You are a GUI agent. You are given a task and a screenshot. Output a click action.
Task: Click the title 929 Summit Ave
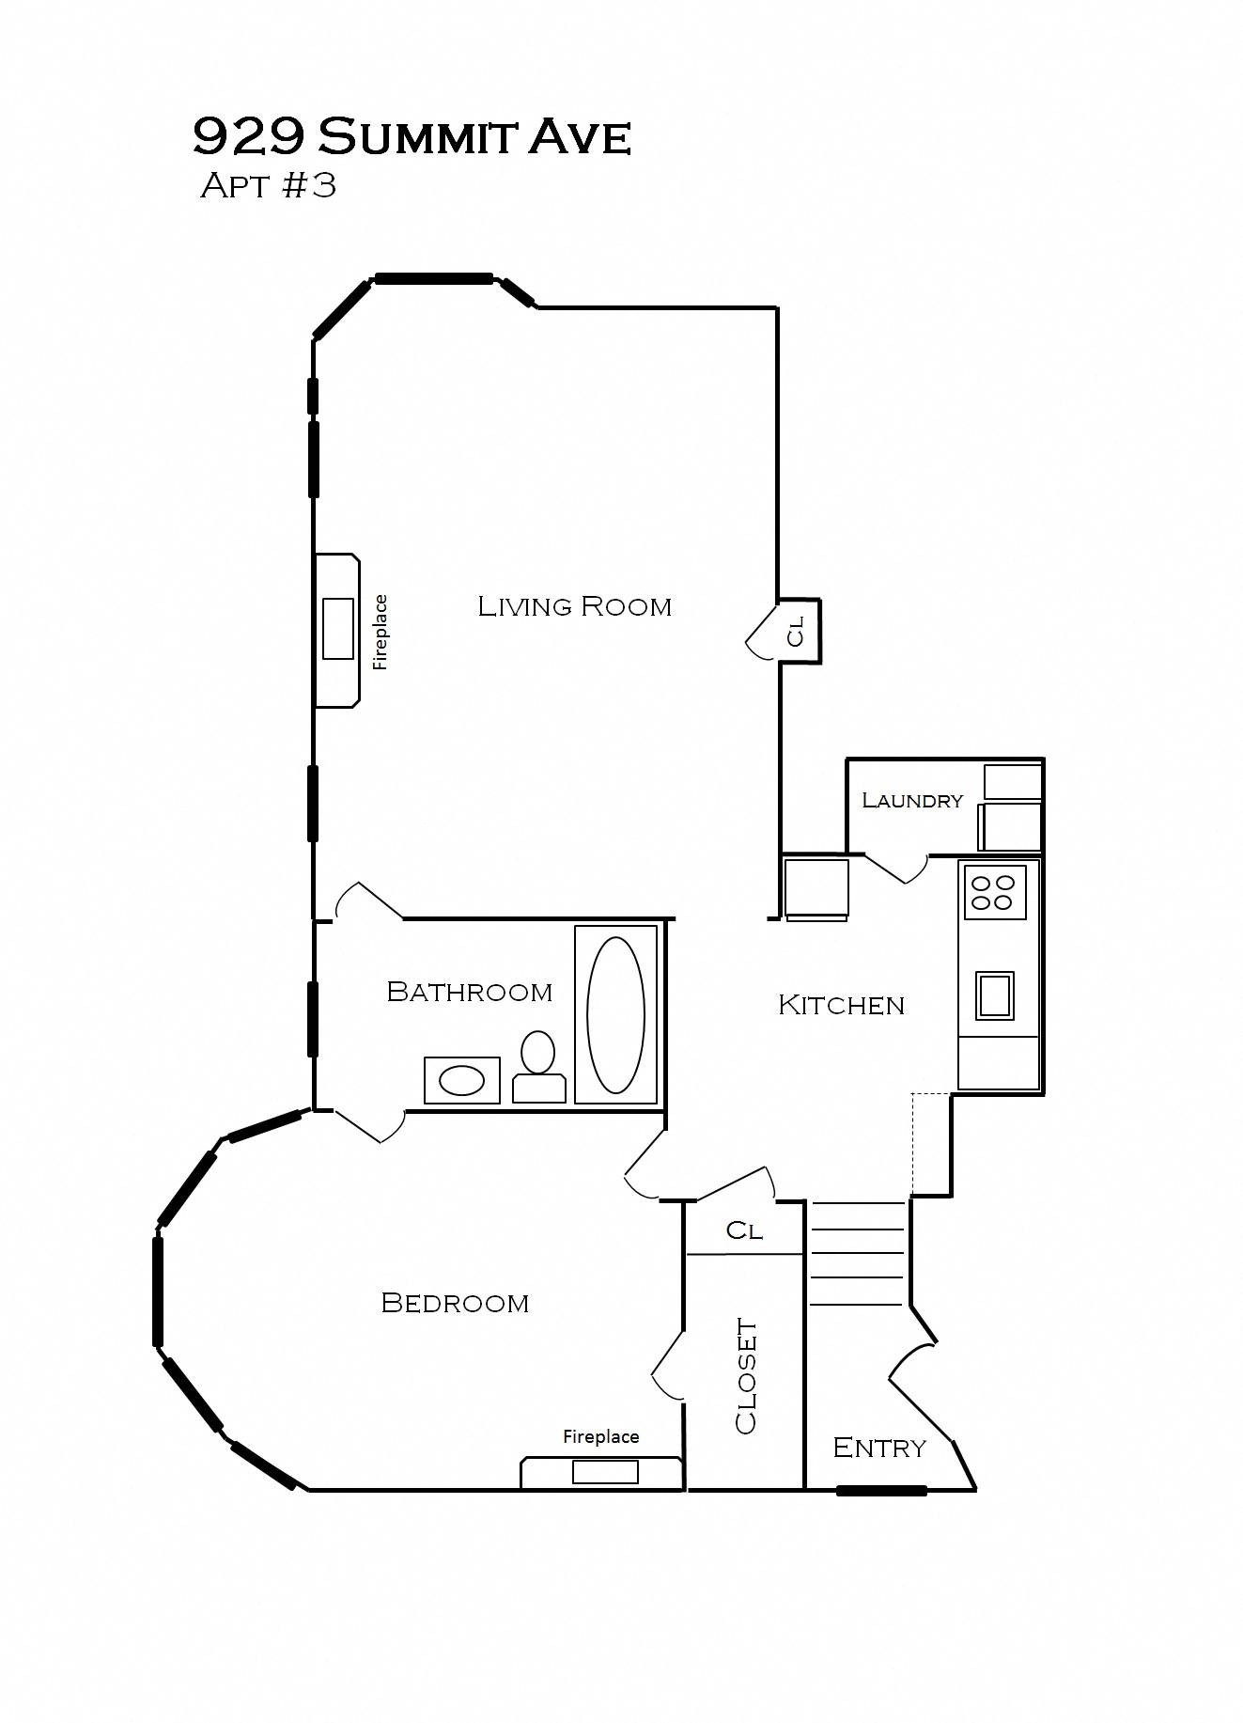click(412, 137)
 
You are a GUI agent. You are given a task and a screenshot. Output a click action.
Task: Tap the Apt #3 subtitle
click(268, 185)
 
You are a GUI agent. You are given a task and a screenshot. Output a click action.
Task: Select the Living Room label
click(574, 606)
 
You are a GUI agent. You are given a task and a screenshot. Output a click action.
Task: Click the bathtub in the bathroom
click(615, 1014)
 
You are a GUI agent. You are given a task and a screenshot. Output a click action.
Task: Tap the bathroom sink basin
click(462, 1081)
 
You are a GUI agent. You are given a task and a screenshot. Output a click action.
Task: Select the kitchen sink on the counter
click(994, 995)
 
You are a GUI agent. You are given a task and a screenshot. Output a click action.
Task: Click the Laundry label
click(912, 800)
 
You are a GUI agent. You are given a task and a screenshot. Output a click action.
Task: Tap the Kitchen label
click(841, 1005)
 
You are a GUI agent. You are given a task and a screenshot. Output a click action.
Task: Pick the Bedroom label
click(455, 1303)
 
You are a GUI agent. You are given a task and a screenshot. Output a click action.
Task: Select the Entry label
click(879, 1448)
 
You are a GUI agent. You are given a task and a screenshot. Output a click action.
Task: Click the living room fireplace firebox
click(338, 628)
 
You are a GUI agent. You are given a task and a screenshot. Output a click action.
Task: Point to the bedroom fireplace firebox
click(605, 1471)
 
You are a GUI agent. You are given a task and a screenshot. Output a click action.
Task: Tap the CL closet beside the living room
click(797, 631)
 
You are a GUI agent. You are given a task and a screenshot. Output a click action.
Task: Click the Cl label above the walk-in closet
click(744, 1230)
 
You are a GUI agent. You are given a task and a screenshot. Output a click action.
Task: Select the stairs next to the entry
click(857, 1254)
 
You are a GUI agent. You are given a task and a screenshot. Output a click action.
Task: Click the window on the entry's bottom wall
click(881, 1490)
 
